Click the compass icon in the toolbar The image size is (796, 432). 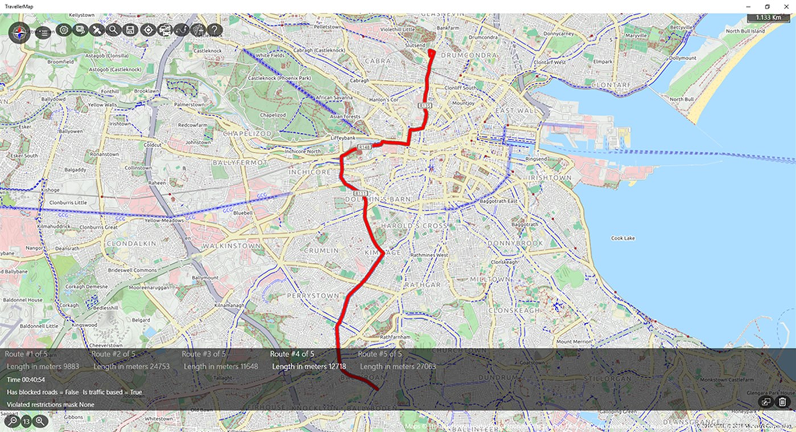pyautogui.click(x=19, y=32)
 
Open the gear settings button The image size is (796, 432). pyautogui.click(x=63, y=30)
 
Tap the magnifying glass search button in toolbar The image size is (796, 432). pyautogui.click(x=113, y=30)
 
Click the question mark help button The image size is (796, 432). pyautogui.click(x=214, y=30)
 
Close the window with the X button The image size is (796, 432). pyautogui.click(x=786, y=6)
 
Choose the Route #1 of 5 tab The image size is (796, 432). pyautogui.click(x=26, y=354)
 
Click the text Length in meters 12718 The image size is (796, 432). pyautogui.click(x=308, y=366)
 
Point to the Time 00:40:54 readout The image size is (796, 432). pyautogui.click(x=26, y=380)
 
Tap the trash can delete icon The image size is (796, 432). pyautogui.click(x=782, y=402)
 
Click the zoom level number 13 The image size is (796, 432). pyautogui.click(x=26, y=422)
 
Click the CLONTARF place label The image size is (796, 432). pyautogui.click(x=611, y=85)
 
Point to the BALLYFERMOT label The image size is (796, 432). pyautogui.click(x=239, y=162)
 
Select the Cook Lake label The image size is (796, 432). pyautogui.click(x=622, y=238)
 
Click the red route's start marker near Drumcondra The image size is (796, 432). pyautogui.click(x=431, y=52)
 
